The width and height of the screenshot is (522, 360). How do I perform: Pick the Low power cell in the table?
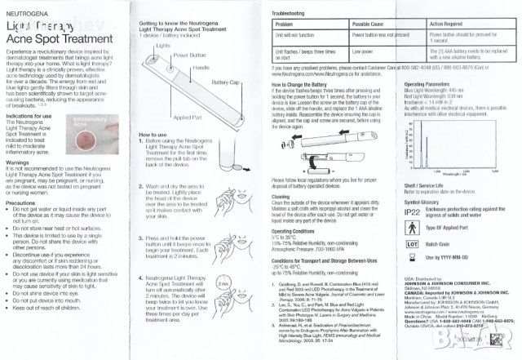tap(363, 51)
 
